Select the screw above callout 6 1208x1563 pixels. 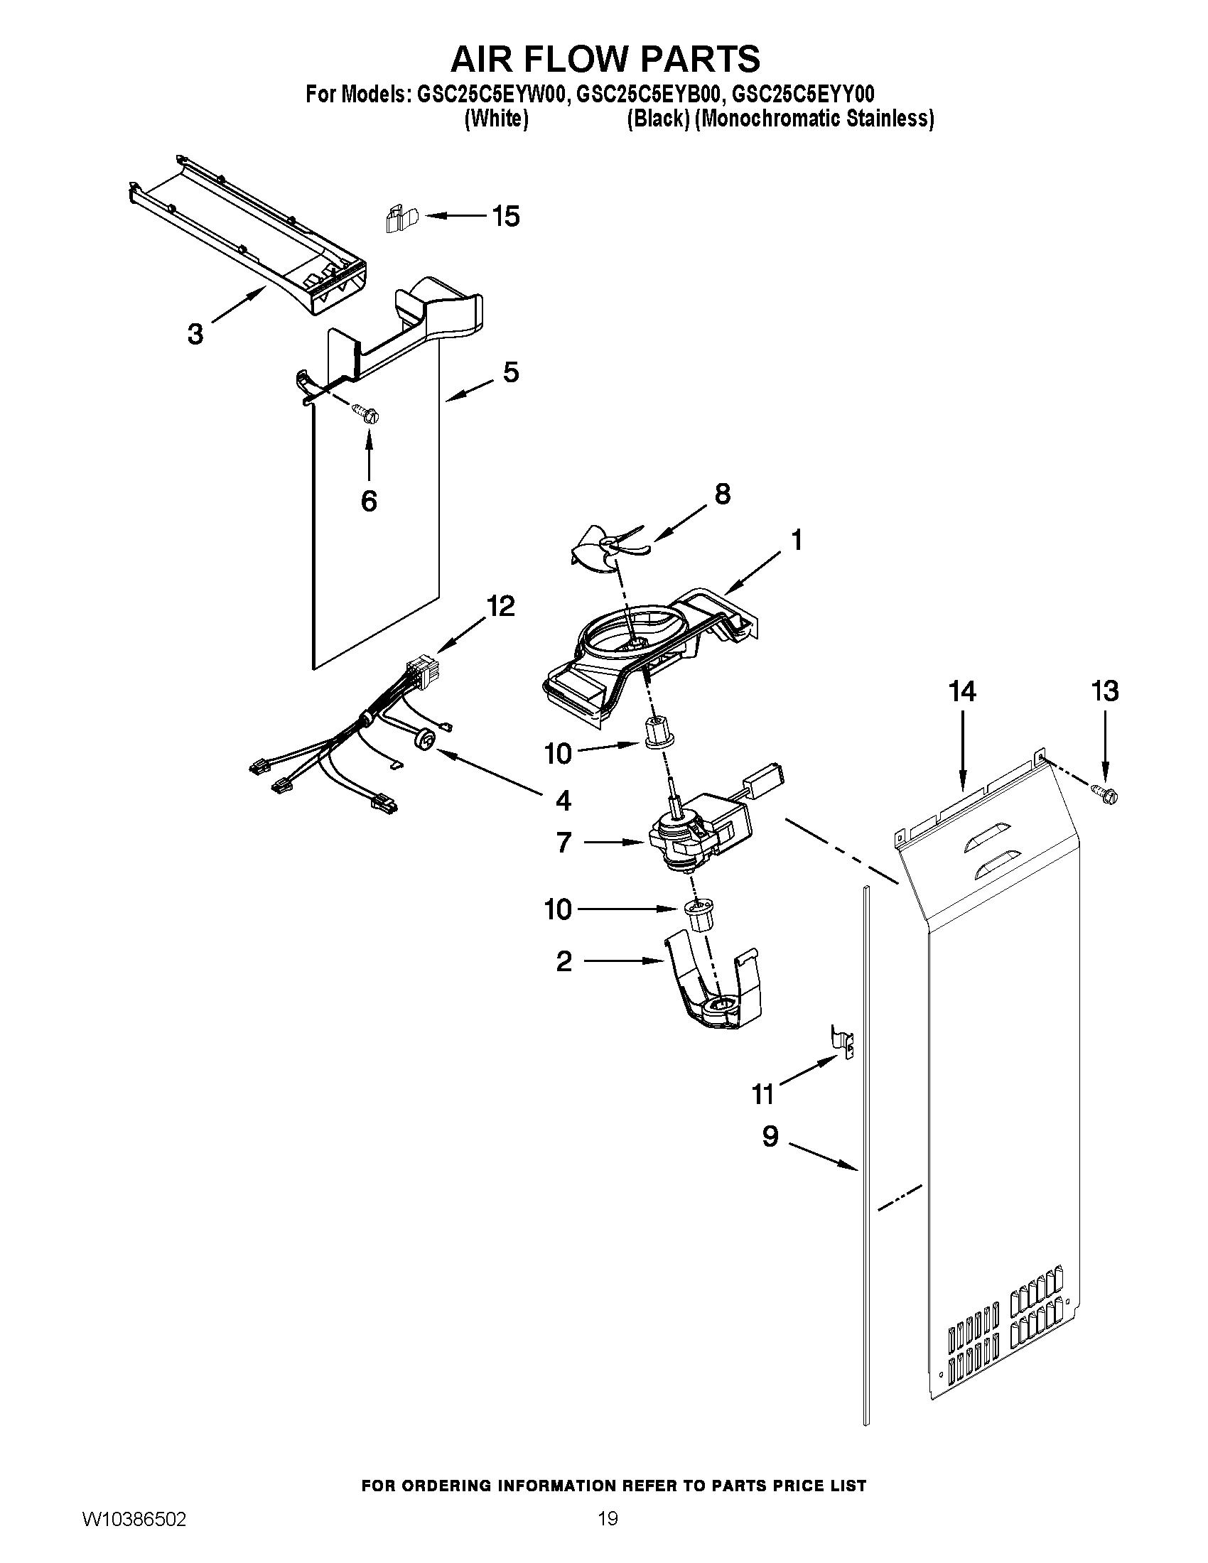(367, 413)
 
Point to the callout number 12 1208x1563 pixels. (500, 606)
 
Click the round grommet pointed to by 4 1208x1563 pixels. (424, 740)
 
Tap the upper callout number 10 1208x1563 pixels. (559, 754)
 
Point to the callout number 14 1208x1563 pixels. (963, 691)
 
